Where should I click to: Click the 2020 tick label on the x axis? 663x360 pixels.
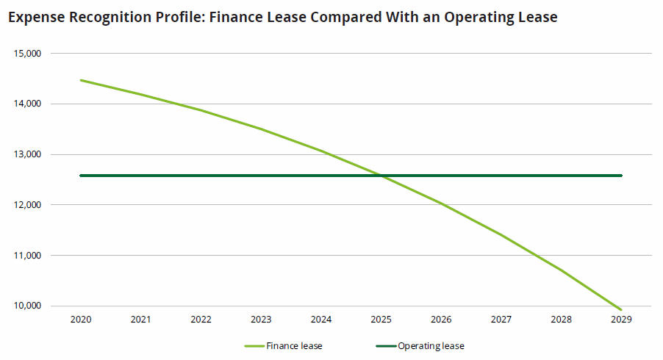tap(80, 320)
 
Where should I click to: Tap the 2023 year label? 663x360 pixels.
tap(261, 320)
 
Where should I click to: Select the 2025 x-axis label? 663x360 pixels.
tap(381, 320)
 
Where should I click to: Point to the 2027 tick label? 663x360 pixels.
tap(501, 320)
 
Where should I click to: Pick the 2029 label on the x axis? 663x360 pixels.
tap(621, 320)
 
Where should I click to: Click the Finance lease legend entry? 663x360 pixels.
tap(294, 345)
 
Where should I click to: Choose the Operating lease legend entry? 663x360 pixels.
tap(431, 345)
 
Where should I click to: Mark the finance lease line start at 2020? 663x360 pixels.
tap(80, 80)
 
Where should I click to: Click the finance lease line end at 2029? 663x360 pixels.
tap(621, 309)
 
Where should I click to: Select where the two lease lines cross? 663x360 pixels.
tap(379, 176)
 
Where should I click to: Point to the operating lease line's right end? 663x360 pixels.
tap(621, 176)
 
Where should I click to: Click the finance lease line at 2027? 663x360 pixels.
tap(501, 234)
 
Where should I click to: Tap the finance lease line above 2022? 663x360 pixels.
tap(201, 110)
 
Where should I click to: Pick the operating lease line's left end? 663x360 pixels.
tap(80, 176)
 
